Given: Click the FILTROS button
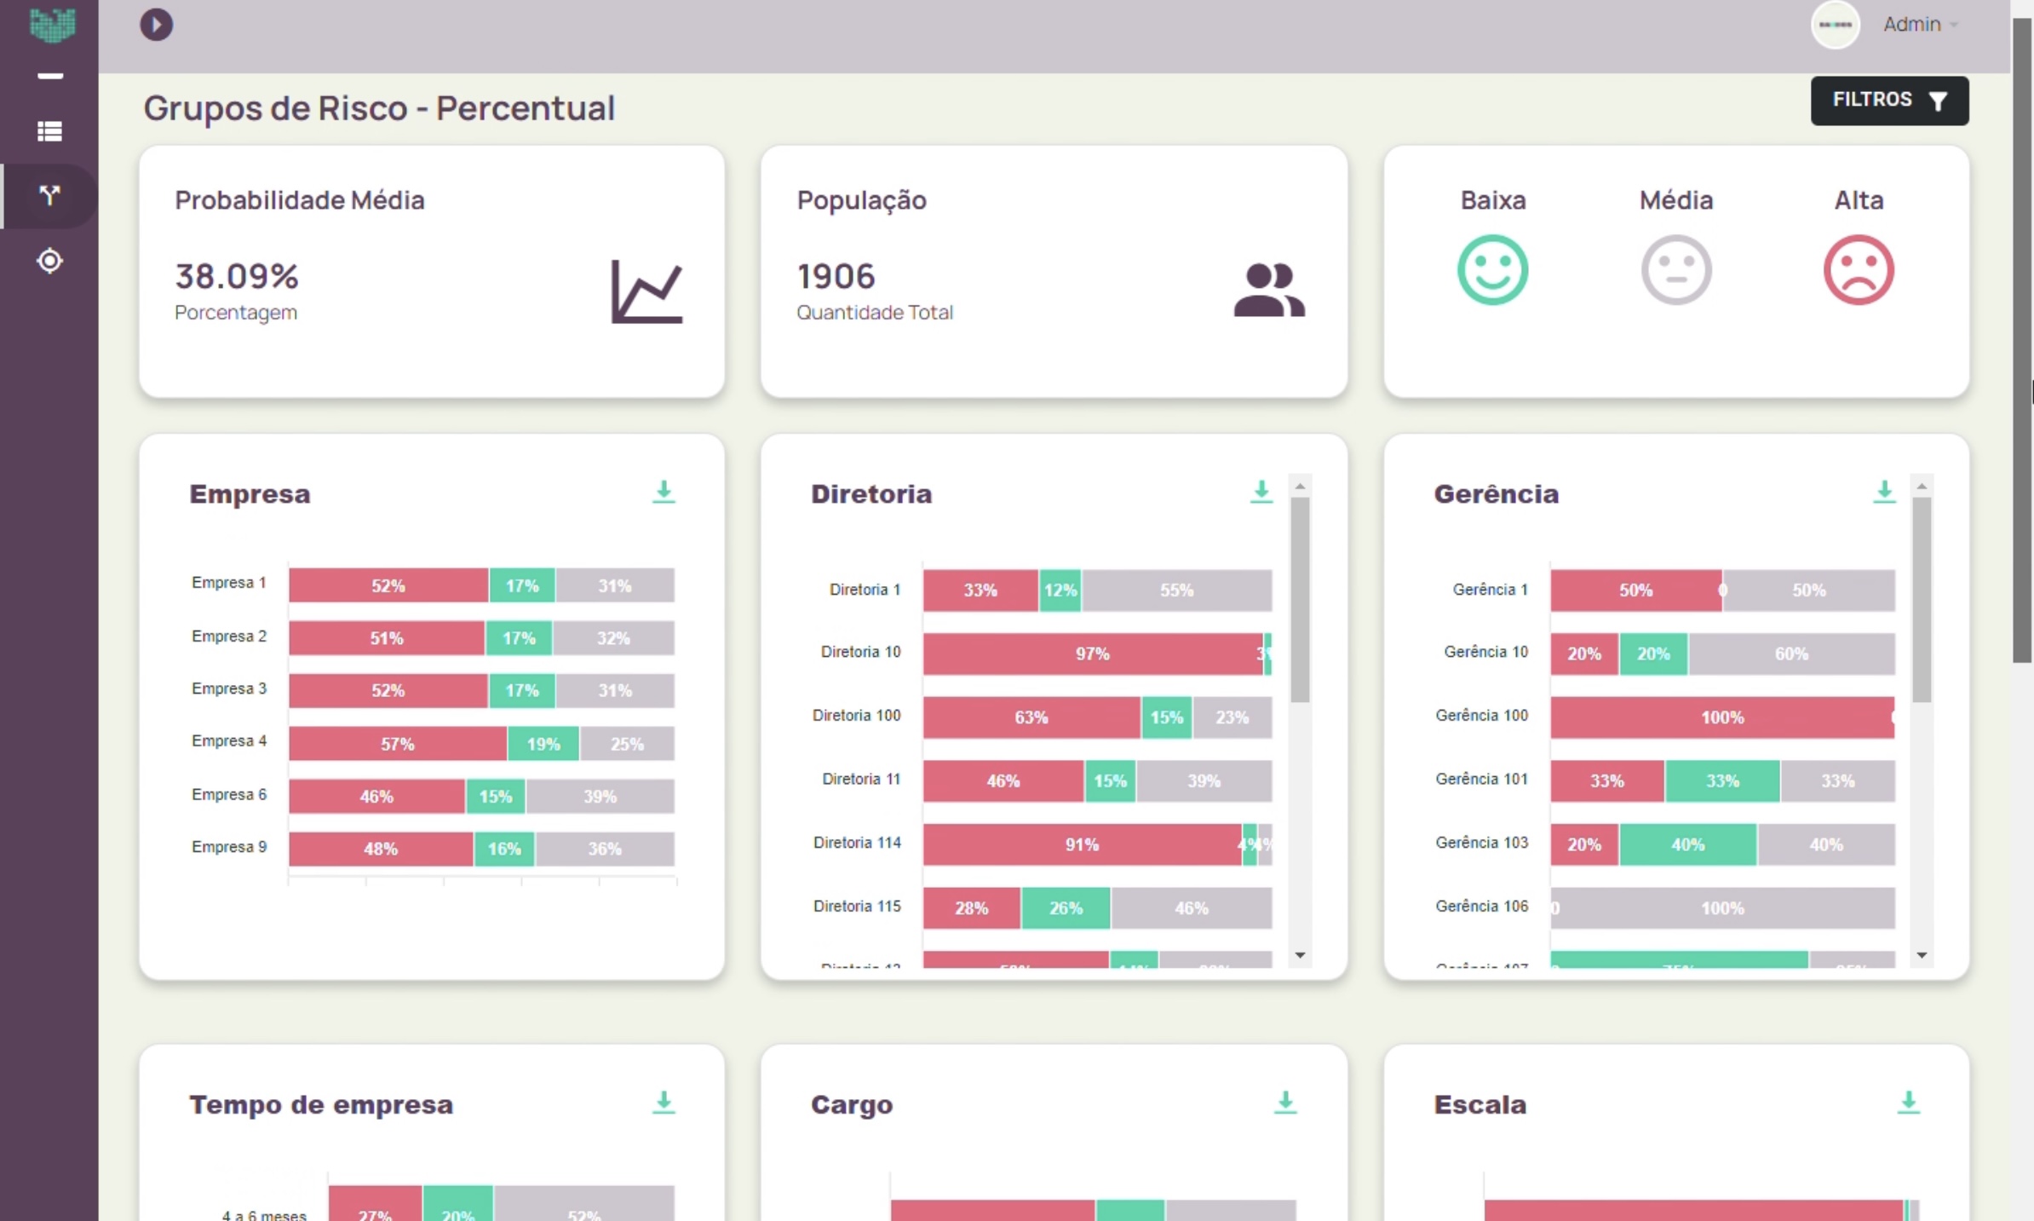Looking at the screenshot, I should pyautogui.click(x=1888, y=101).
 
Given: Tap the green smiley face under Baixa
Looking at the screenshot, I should pyautogui.click(x=1492, y=270).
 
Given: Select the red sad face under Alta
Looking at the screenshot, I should pyautogui.click(x=1858, y=270).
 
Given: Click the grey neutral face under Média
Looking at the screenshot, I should pyautogui.click(x=1675, y=270).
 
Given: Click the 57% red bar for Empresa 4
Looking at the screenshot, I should pyautogui.click(x=397, y=744).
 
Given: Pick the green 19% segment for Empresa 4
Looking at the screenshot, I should pyautogui.click(x=543, y=744).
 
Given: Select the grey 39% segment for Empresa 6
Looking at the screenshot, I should pyautogui.click(x=600, y=797).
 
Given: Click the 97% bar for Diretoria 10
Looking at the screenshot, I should pyautogui.click(x=1092, y=654).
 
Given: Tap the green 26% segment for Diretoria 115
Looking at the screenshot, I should pyautogui.click(x=1065, y=908).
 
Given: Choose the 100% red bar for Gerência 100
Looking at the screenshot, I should pyautogui.click(x=1721, y=717).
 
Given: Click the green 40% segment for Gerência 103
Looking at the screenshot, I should pyautogui.click(x=1686, y=844).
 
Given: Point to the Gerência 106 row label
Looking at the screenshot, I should pyautogui.click(x=1481, y=906).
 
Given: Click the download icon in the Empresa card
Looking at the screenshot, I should pyautogui.click(x=664, y=492).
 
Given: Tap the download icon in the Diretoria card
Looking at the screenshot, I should pyautogui.click(x=1261, y=492).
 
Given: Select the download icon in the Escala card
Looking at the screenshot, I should pyautogui.click(x=1908, y=1102).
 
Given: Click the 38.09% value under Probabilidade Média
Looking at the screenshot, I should pyautogui.click(x=237, y=276).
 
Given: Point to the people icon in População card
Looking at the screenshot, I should pyautogui.click(x=1268, y=291).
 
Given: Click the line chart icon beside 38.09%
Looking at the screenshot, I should pyautogui.click(x=646, y=291).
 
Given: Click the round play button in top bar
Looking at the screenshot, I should pyautogui.click(x=156, y=25).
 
